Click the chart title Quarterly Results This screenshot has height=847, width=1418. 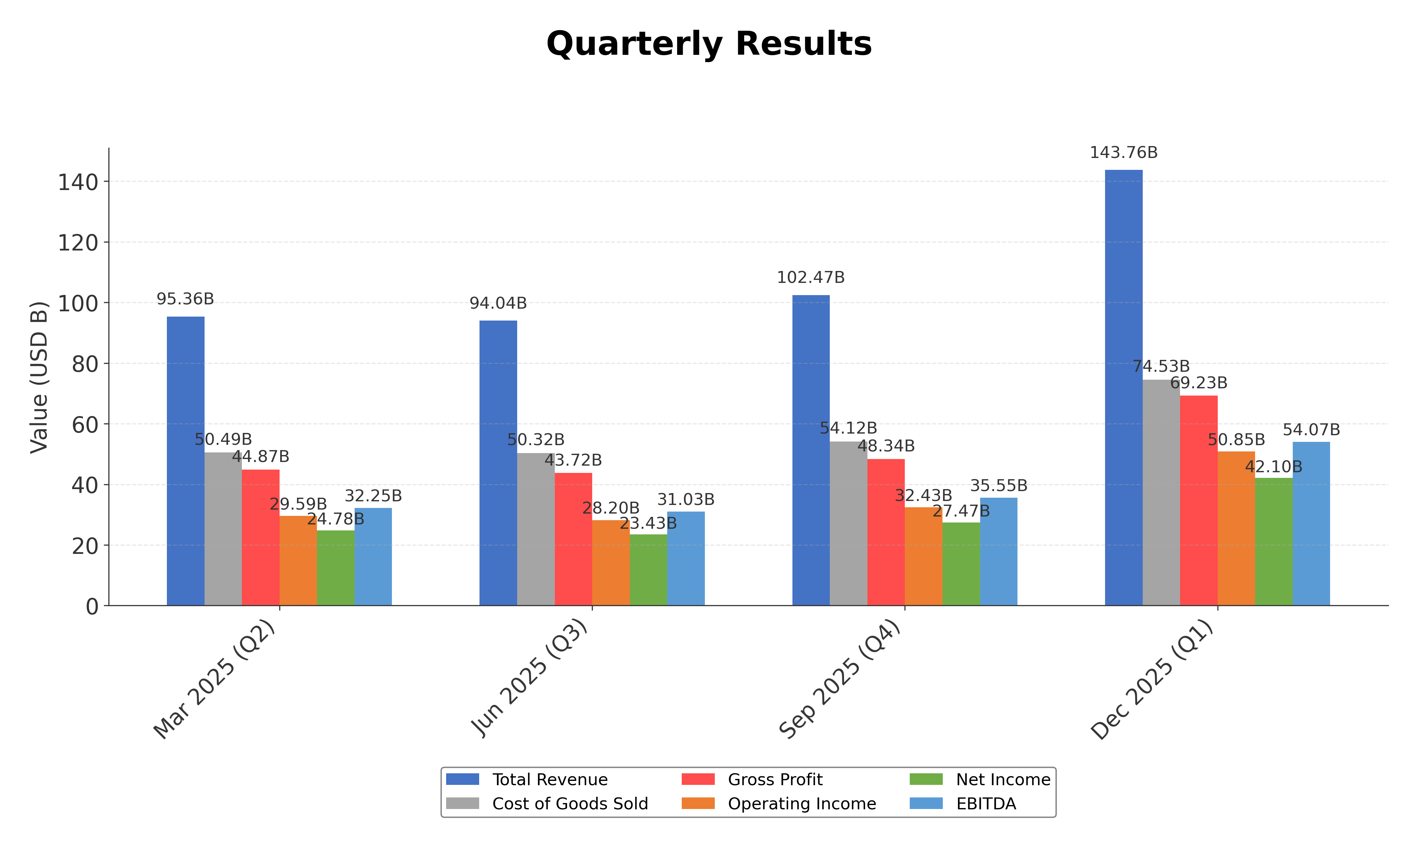coord(709,44)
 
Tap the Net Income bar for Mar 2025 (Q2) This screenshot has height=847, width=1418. coord(335,568)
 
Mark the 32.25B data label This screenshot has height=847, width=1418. coord(373,496)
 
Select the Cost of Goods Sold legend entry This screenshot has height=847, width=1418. coord(569,804)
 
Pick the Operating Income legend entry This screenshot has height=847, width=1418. coord(801,804)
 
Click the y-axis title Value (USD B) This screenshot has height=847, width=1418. coord(39,377)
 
